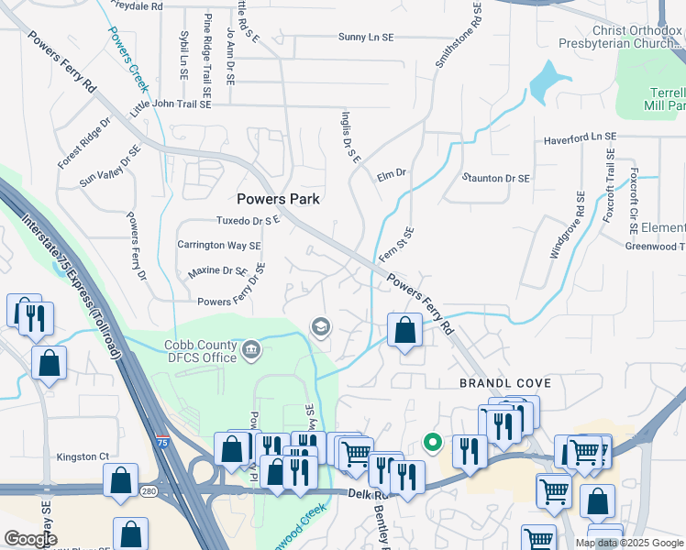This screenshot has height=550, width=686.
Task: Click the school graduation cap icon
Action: coord(321,326)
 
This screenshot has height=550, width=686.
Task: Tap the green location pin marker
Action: coord(432,444)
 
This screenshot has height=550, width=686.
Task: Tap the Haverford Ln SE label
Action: coord(581,137)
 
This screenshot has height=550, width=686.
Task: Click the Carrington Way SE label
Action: coord(219,246)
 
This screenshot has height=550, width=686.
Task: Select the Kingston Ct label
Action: coord(83,456)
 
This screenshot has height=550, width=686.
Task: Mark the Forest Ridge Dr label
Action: coord(83,143)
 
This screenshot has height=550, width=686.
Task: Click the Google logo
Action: coord(30,539)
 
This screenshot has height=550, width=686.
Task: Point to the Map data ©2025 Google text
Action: coord(627,543)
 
